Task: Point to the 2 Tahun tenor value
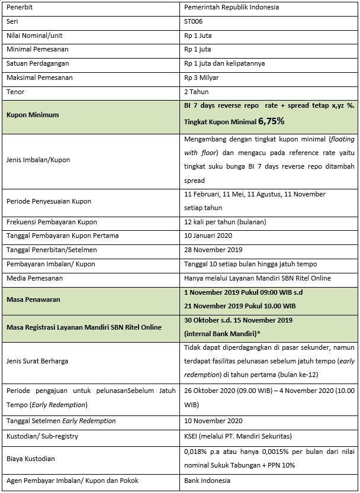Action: click(x=197, y=92)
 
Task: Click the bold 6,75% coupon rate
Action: click(x=272, y=121)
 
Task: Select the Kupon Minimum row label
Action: click(x=33, y=114)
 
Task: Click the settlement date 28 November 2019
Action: click(x=214, y=250)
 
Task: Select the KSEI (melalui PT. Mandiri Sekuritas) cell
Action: click(x=237, y=436)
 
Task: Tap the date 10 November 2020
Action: click(x=214, y=421)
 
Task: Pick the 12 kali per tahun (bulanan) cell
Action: click(x=225, y=221)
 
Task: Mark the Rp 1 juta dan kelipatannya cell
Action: click(x=224, y=64)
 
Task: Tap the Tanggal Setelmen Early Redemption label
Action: click(x=61, y=421)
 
